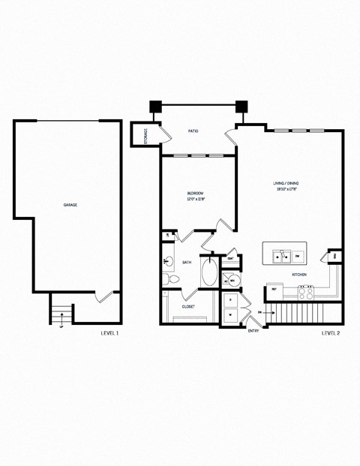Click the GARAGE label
click(70, 205)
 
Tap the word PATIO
click(193, 131)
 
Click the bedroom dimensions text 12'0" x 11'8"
click(196, 200)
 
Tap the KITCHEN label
click(299, 275)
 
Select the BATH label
click(186, 263)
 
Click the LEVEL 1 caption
click(109, 332)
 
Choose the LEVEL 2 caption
click(331, 332)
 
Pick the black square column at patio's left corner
click(155, 107)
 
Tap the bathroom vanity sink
click(167, 262)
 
